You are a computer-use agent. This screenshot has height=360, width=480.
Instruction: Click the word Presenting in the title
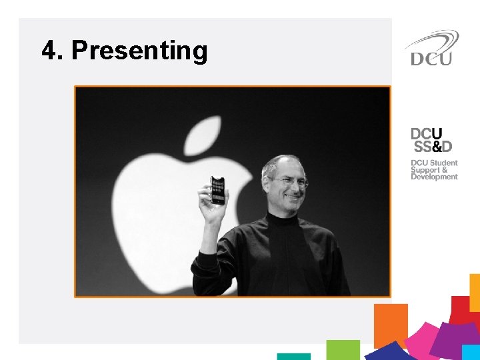click(x=139, y=51)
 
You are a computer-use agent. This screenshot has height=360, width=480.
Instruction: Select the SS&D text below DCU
click(x=433, y=146)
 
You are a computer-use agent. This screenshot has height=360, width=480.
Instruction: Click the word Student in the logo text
click(x=444, y=163)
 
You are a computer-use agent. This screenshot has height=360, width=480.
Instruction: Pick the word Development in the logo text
click(x=434, y=177)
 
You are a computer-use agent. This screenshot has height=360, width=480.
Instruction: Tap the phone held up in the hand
click(x=217, y=190)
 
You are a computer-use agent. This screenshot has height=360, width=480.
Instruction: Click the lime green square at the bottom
click(x=343, y=349)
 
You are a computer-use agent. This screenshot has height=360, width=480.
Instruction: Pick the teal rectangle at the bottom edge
click(x=293, y=357)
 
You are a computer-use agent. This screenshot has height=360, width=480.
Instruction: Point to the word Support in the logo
click(x=425, y=170)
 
